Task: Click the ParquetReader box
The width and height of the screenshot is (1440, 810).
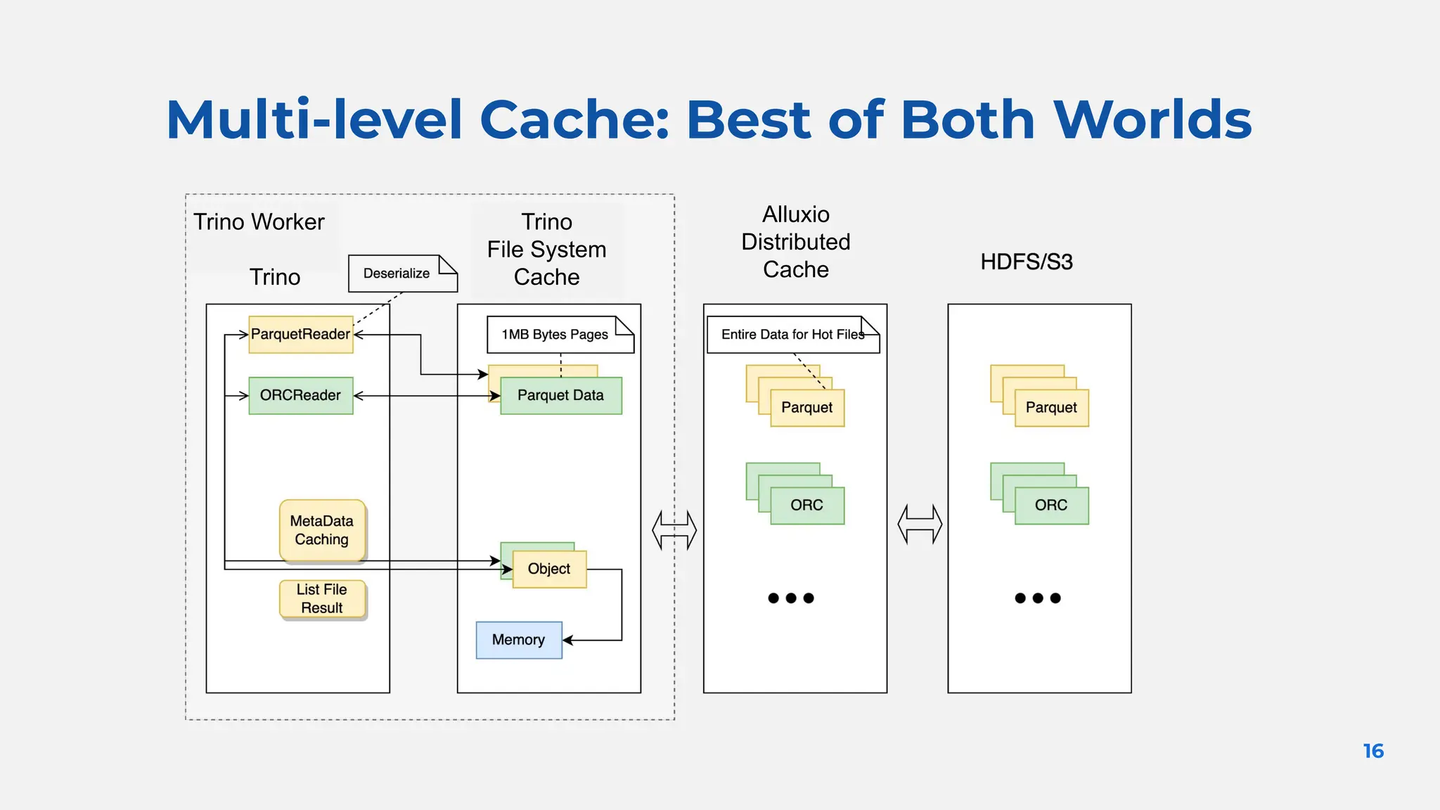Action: (301, 335)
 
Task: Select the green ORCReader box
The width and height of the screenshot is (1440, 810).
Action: (301, 396)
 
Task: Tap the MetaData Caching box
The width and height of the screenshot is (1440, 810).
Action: (322, 530)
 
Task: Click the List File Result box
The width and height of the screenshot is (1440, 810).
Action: (322, 599)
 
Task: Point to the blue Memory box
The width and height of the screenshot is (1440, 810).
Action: (519, 640)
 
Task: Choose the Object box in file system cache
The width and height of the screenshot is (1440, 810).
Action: (549, 569)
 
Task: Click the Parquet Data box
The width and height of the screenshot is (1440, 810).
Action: (561, 396)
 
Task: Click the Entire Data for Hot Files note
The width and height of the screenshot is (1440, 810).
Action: (792, 335)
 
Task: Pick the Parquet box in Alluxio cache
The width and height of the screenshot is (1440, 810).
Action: (807, 408)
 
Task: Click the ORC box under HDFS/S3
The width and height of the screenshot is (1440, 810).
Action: (1051, 506)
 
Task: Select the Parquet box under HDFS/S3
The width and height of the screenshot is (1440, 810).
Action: (1051, 408)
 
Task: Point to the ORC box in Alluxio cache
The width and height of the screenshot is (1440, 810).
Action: (807, 506)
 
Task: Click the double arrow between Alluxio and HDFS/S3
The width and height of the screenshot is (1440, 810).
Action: (920, 525)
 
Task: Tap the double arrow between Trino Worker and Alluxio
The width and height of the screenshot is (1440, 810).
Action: (674, 530)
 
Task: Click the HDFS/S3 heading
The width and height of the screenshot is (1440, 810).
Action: (1027, 262)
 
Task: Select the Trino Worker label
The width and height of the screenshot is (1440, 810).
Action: (259, 222)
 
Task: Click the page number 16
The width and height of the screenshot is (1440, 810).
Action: (1372, 751)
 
